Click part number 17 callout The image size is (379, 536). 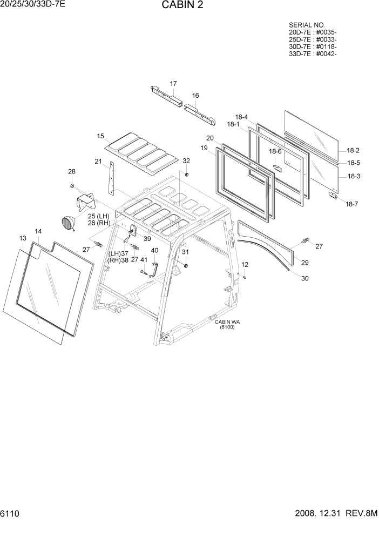pos(173,84)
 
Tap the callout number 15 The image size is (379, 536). pos(100,136)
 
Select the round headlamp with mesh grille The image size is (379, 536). pos(68,223)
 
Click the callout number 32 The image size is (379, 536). pos(186,161)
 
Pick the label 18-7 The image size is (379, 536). pos(351,204)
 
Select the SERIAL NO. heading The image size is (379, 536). pos(307,25)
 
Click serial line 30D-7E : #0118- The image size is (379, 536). pos(313,46)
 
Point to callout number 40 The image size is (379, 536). pos(154,251)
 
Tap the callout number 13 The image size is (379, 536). pos(23,238)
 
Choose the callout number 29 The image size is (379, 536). pos(304,263)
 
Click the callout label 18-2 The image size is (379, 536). pos(353,151)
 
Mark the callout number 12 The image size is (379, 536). pos(245,265)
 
